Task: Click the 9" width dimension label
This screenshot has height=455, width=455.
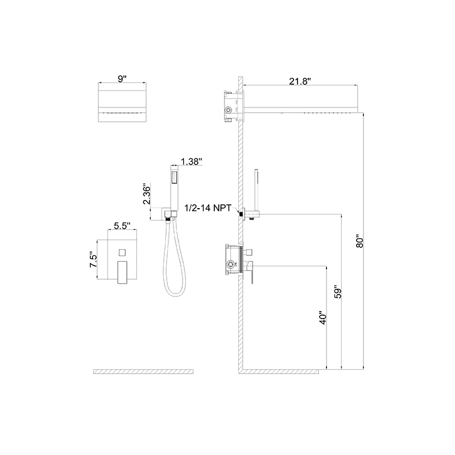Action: tap(122, 80)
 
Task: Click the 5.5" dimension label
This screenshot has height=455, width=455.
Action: tap(122, 226)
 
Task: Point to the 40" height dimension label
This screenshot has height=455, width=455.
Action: tap(323, 318)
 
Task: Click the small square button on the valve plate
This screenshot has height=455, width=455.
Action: tap(122, 251)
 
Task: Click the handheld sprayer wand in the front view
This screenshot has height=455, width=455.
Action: tap(175, 185)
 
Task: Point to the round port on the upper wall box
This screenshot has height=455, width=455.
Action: tap(229, 109)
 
